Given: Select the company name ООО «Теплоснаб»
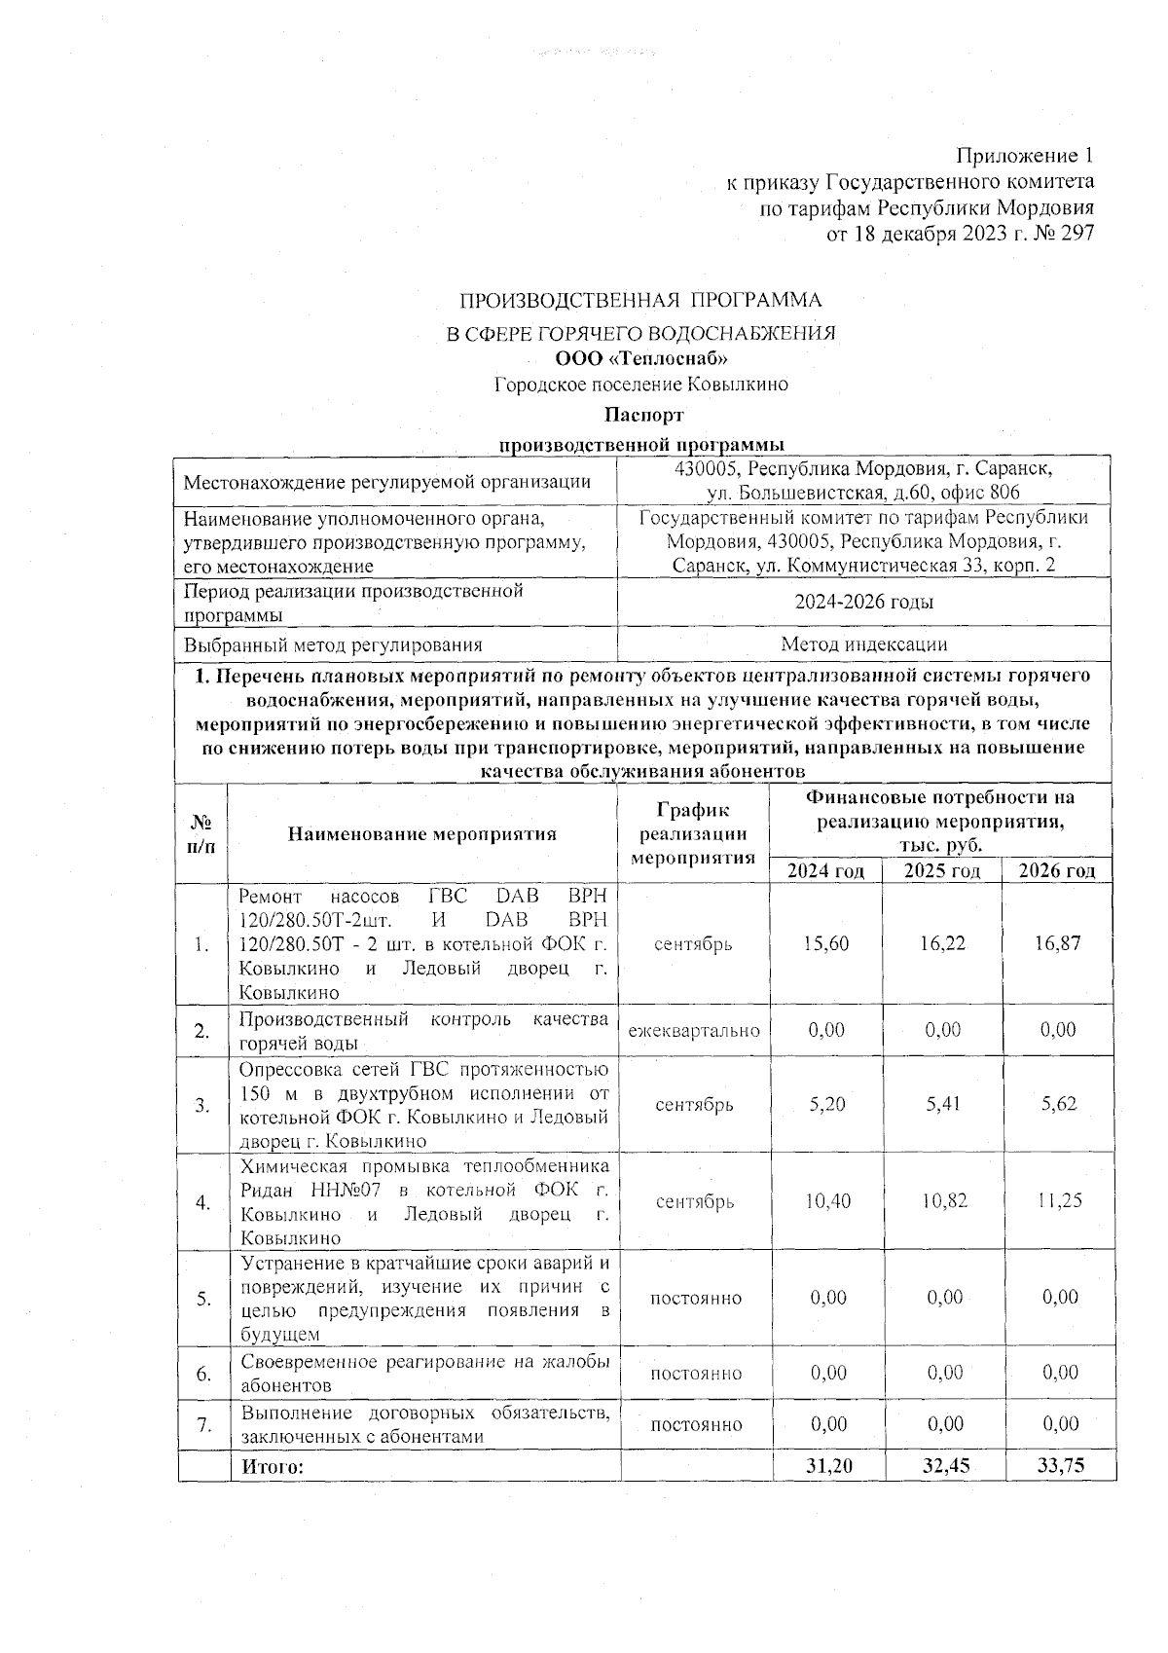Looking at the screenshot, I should coord(640,358).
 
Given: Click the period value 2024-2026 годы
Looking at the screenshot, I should coord(863,603).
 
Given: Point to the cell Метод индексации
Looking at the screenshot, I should coord(863,644).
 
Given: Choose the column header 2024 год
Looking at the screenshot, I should coord(825,870).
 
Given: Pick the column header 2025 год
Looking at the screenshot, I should coord(942,870).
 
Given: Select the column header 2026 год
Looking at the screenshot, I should coord(1057,870).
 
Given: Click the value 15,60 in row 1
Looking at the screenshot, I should coord(826,944).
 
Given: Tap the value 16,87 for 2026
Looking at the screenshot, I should coord(1059,944).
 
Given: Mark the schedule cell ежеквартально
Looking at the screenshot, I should coord(694,1030).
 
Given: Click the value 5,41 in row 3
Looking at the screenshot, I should coord(942,1105).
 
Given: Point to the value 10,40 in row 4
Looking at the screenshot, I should coord(827,1201).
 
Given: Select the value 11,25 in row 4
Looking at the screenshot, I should coord(1059,1201).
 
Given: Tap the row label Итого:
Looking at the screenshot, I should coord(273,1466).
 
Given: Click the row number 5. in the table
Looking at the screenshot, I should coord(202,1299).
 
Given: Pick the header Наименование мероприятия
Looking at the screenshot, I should coord(422,833).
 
